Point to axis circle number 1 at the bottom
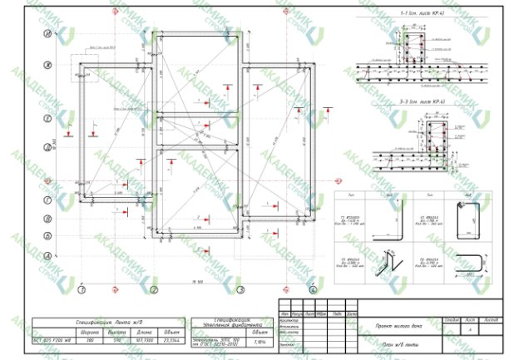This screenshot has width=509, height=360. coord(82,290)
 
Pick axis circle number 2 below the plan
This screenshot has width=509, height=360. coord(155,290)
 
